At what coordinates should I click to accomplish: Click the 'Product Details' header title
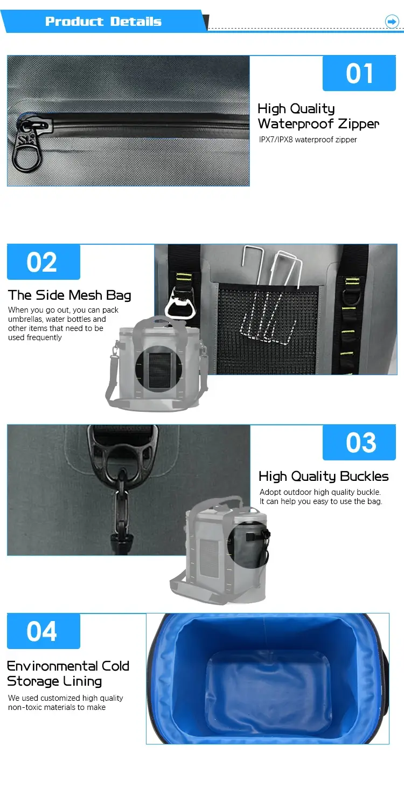(103, 21)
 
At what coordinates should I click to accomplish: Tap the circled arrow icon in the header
(392, 21)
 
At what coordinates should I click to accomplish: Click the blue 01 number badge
(359, 73)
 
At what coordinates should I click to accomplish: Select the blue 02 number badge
(44, 262)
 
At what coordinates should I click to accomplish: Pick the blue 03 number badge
(359, 443)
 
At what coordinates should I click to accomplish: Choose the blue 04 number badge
(44, 631)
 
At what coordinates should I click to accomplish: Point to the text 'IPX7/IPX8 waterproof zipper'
(308, 140)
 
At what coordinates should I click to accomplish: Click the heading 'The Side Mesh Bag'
(69, 295)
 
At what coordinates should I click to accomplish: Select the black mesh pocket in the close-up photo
(268, 328)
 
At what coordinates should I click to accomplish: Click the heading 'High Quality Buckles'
(323, 476)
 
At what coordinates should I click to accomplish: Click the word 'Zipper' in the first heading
(359, 124)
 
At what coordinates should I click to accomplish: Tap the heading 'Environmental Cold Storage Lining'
(68, 674)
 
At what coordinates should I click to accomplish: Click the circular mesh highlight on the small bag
(159, 369)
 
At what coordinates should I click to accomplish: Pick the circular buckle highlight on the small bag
(249, 544)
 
